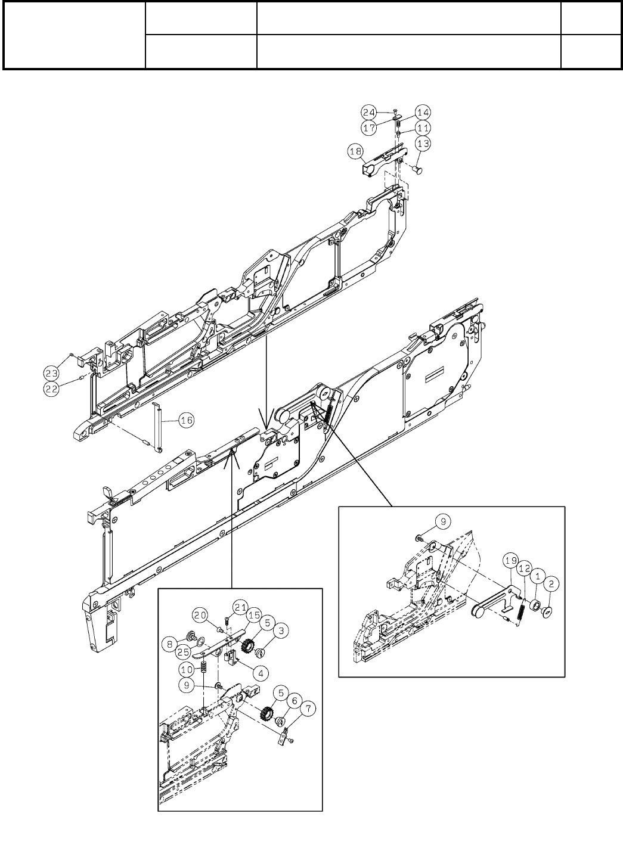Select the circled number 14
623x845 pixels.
click(x=423, y=112)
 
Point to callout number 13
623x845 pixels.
click(x=423, y=143)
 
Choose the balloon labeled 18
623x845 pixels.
click(x=355, y=153)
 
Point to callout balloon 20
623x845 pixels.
click(x=200, y=614)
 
